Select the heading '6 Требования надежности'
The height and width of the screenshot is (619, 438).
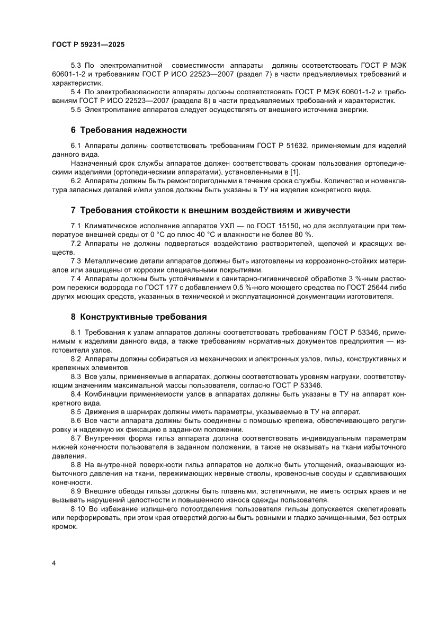129,130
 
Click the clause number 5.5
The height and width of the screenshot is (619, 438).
76,110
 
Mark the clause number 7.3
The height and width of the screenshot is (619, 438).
76,261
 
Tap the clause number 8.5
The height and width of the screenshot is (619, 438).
76,411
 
